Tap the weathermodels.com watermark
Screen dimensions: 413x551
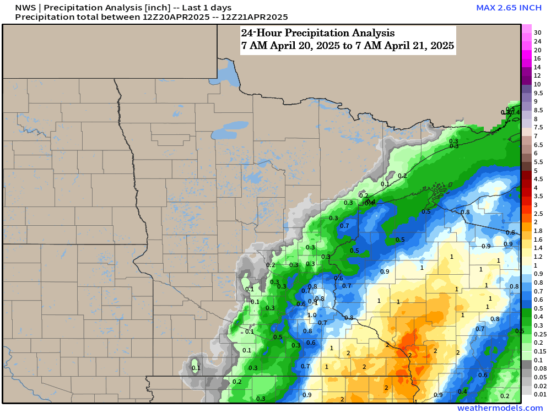pyautogui.click(x=500, y=408)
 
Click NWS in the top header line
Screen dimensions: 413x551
pyautogui.click(x=25, y=8)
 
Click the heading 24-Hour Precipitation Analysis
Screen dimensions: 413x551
pyautogui.click(x=317, y=33)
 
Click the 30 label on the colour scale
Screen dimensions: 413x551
pyautogui.click(x=537, y=32)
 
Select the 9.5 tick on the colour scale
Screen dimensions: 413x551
pyautogui.click(x=538, y=93)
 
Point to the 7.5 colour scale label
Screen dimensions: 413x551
pyautogui.click(x=538, y=127)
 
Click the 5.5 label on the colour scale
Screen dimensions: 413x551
pyautogui.click(x=538, y=162)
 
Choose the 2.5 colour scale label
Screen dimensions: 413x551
pyautogui.click(x=538, y=213)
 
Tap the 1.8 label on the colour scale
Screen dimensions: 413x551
pyautogui.click(x=538, y=230)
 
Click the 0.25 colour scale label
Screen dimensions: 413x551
pyautogui.click(x=540, y=334)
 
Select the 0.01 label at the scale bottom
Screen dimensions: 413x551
pyautogui.click(x=540, y=394)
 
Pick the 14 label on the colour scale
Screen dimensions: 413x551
pyautogui.click(x=537, y=67)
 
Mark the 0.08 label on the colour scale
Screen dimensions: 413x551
pyautogui.click(x=540, y=368)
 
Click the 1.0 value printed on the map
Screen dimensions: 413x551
pyautogui.click(x=312, y=315)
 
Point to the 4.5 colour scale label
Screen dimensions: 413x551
pyautogui.click(x=538, y=179)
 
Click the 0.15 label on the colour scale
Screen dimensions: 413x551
pyautogui.click(x=540, y=351)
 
